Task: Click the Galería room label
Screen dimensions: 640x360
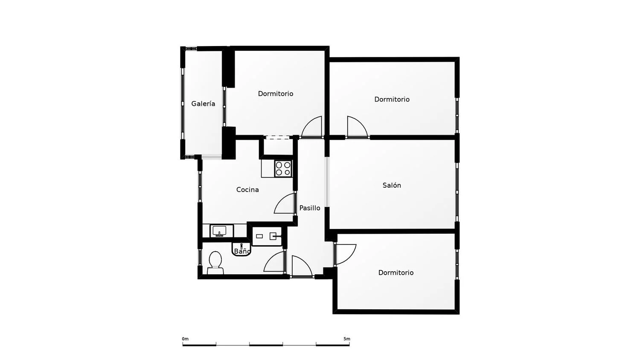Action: point(203,103)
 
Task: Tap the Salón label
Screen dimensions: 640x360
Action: point(392,185)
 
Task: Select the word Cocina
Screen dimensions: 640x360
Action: point(247,189)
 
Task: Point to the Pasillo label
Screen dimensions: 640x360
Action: point(310,208)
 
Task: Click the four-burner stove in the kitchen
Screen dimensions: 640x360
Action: point(283,168)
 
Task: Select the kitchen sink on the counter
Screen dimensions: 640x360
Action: point(219,231)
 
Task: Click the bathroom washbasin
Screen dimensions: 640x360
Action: point(241,249)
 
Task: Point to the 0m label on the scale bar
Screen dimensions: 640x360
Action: point(185,339)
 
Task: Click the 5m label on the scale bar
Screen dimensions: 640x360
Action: point(346,339)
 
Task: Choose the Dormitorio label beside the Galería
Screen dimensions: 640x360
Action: point(276,93)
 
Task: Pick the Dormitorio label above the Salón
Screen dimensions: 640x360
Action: point(392,99)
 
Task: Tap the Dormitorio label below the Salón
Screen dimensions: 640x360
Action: point(396,273)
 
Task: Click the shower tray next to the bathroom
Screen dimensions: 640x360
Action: point(267,236)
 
